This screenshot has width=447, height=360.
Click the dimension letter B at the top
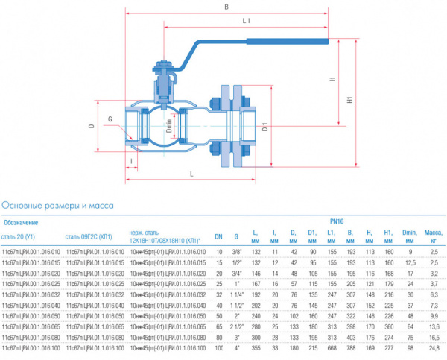click(x=226, y=7)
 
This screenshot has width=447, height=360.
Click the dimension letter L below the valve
click(x=192, y=173)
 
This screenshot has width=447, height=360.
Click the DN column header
click(x=219, y=237)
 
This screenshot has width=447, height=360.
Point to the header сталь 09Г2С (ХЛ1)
click(x=89, y=237)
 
